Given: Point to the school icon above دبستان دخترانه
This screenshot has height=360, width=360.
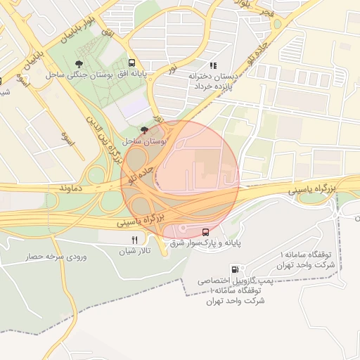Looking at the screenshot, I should (213, 65).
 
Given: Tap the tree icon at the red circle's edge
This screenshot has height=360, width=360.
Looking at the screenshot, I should (144, 130).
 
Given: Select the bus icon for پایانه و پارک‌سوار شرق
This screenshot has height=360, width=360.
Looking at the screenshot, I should (205, 232).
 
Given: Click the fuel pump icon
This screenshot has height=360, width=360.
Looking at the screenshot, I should (234, 269).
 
